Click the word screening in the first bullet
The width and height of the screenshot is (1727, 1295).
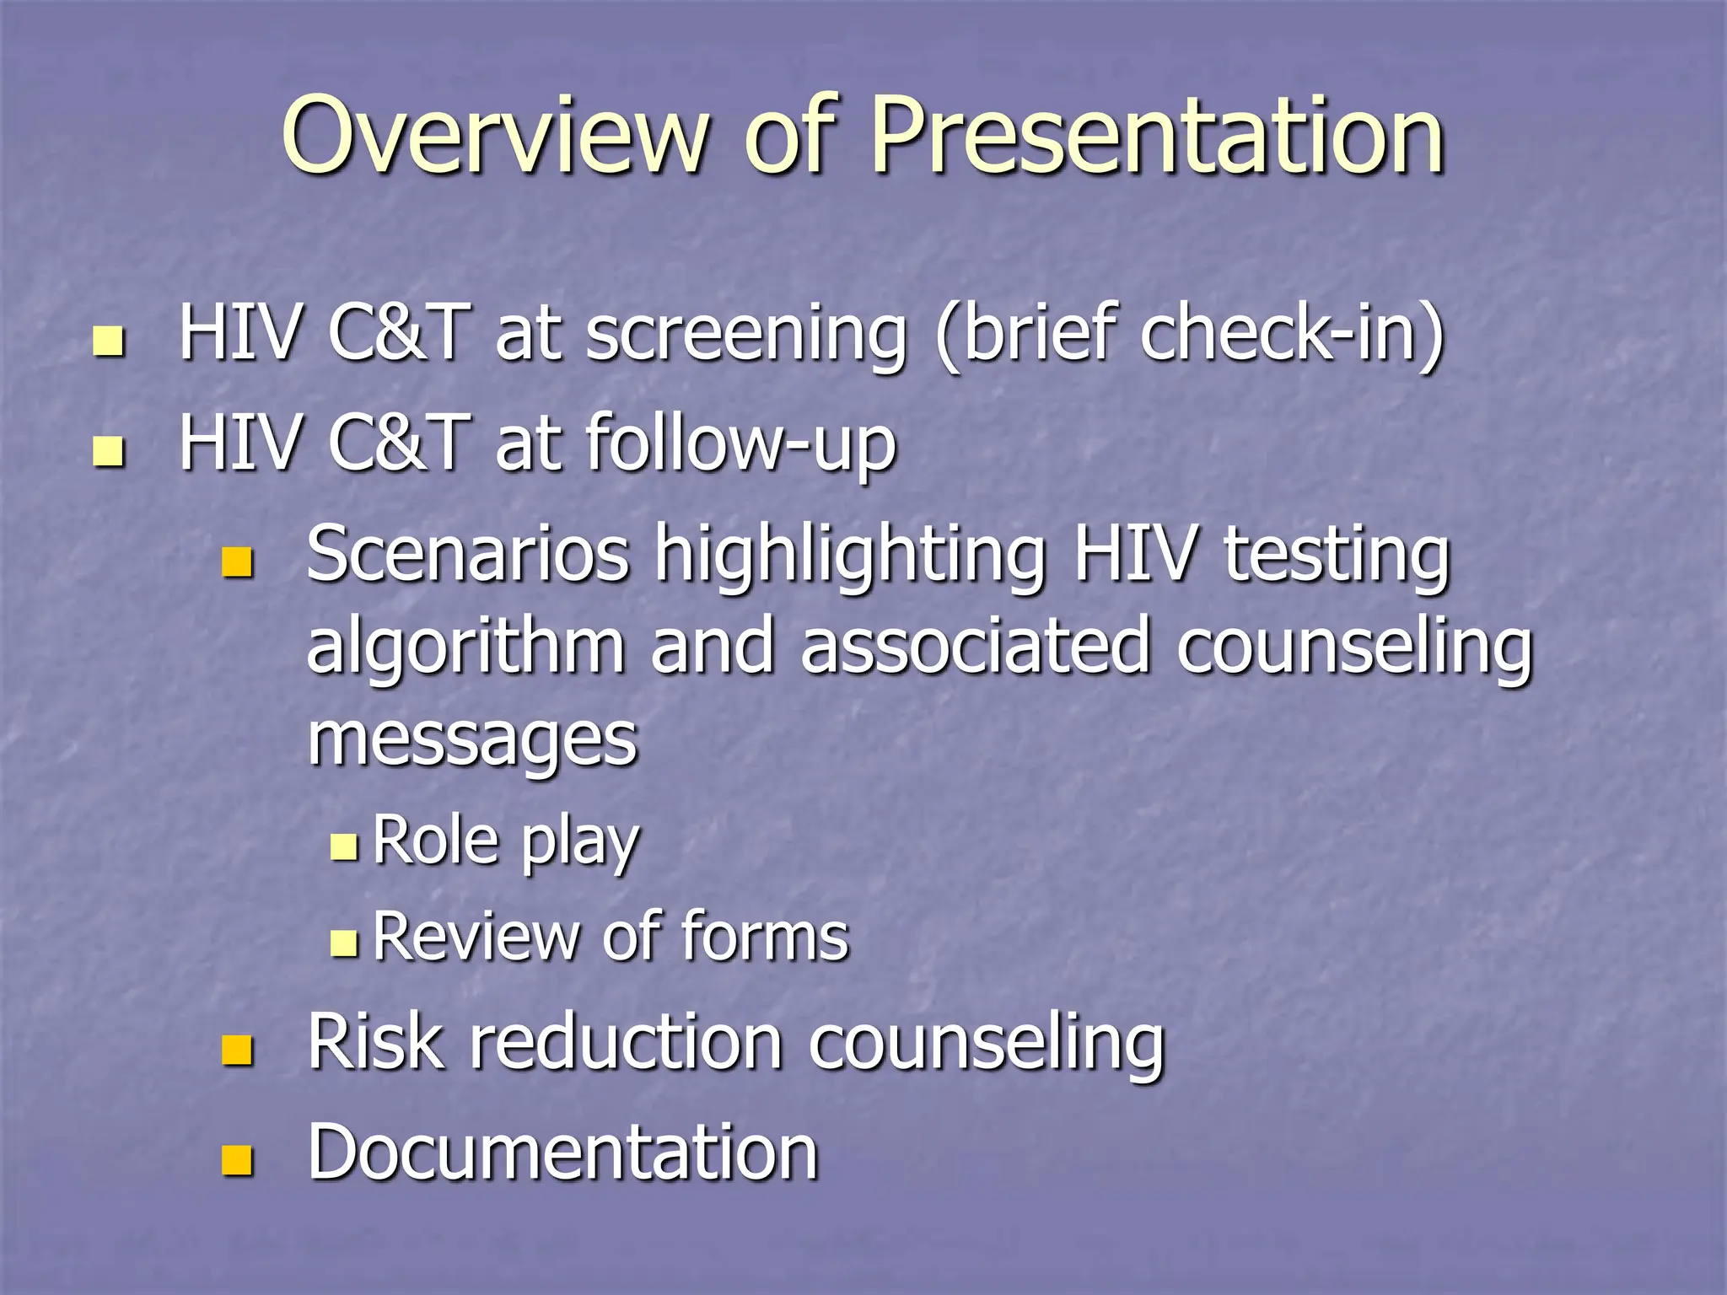(x=746, y=336)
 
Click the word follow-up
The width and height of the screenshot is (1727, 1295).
(x=740, y=444)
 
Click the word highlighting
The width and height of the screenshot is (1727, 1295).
(x=852, y=556)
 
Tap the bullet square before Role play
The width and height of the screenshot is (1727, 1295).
(x=344, y=846)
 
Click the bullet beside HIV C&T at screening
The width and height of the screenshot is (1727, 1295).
(x=109, y=341)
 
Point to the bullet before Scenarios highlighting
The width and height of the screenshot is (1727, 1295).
(x=237, y=562)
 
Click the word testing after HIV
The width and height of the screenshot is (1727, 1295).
(x=1337, y=556)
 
